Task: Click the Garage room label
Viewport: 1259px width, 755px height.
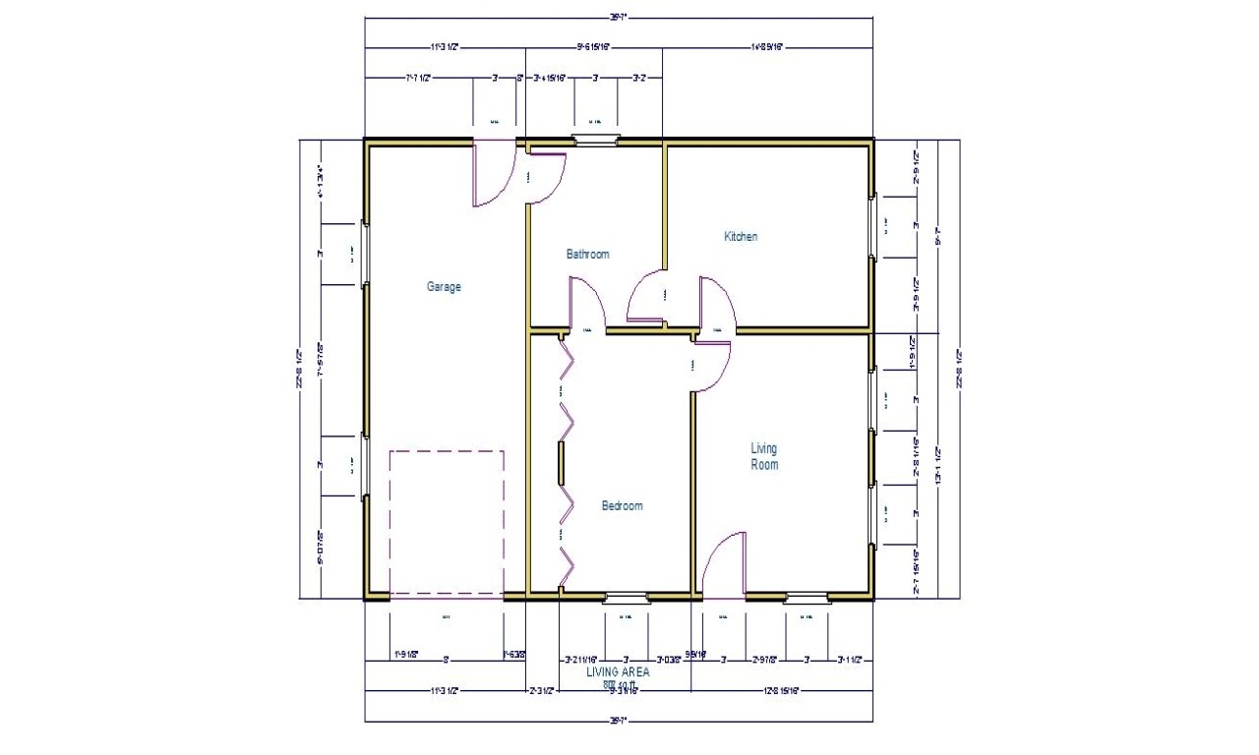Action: (444, 287)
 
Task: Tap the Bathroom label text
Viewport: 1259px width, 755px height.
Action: (587, 254)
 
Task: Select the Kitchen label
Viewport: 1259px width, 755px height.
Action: (741, 236)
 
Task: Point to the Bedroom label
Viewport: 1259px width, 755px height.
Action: (622, 505)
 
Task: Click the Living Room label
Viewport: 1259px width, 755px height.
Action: (764, 456)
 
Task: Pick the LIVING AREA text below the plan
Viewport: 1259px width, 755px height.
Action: (618, 672)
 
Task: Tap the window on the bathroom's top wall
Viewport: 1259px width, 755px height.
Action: (596, 140)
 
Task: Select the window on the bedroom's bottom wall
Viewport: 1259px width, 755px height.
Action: (626, 596)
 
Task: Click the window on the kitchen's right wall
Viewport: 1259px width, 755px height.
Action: (872, 228)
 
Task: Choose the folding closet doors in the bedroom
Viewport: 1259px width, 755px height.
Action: (565, 462)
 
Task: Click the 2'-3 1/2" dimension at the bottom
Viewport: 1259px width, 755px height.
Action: (542, 691)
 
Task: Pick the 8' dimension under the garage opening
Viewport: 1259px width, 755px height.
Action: (446, 660)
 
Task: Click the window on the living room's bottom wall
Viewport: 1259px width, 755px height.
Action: (807, 596)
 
